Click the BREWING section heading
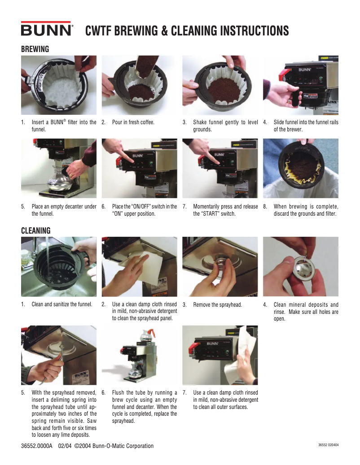tap(35, 49)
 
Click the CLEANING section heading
tap(35, 230)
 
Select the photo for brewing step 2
tap(140, 85)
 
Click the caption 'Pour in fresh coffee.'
tap(133, 122)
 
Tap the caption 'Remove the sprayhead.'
tap(218, 304)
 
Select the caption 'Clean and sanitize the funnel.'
tap(62, 304)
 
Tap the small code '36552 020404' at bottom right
tap(328, 445)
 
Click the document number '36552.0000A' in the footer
tap(36, 446)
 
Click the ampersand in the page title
tap(164, 31)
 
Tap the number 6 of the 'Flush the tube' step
tap(103, 393)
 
